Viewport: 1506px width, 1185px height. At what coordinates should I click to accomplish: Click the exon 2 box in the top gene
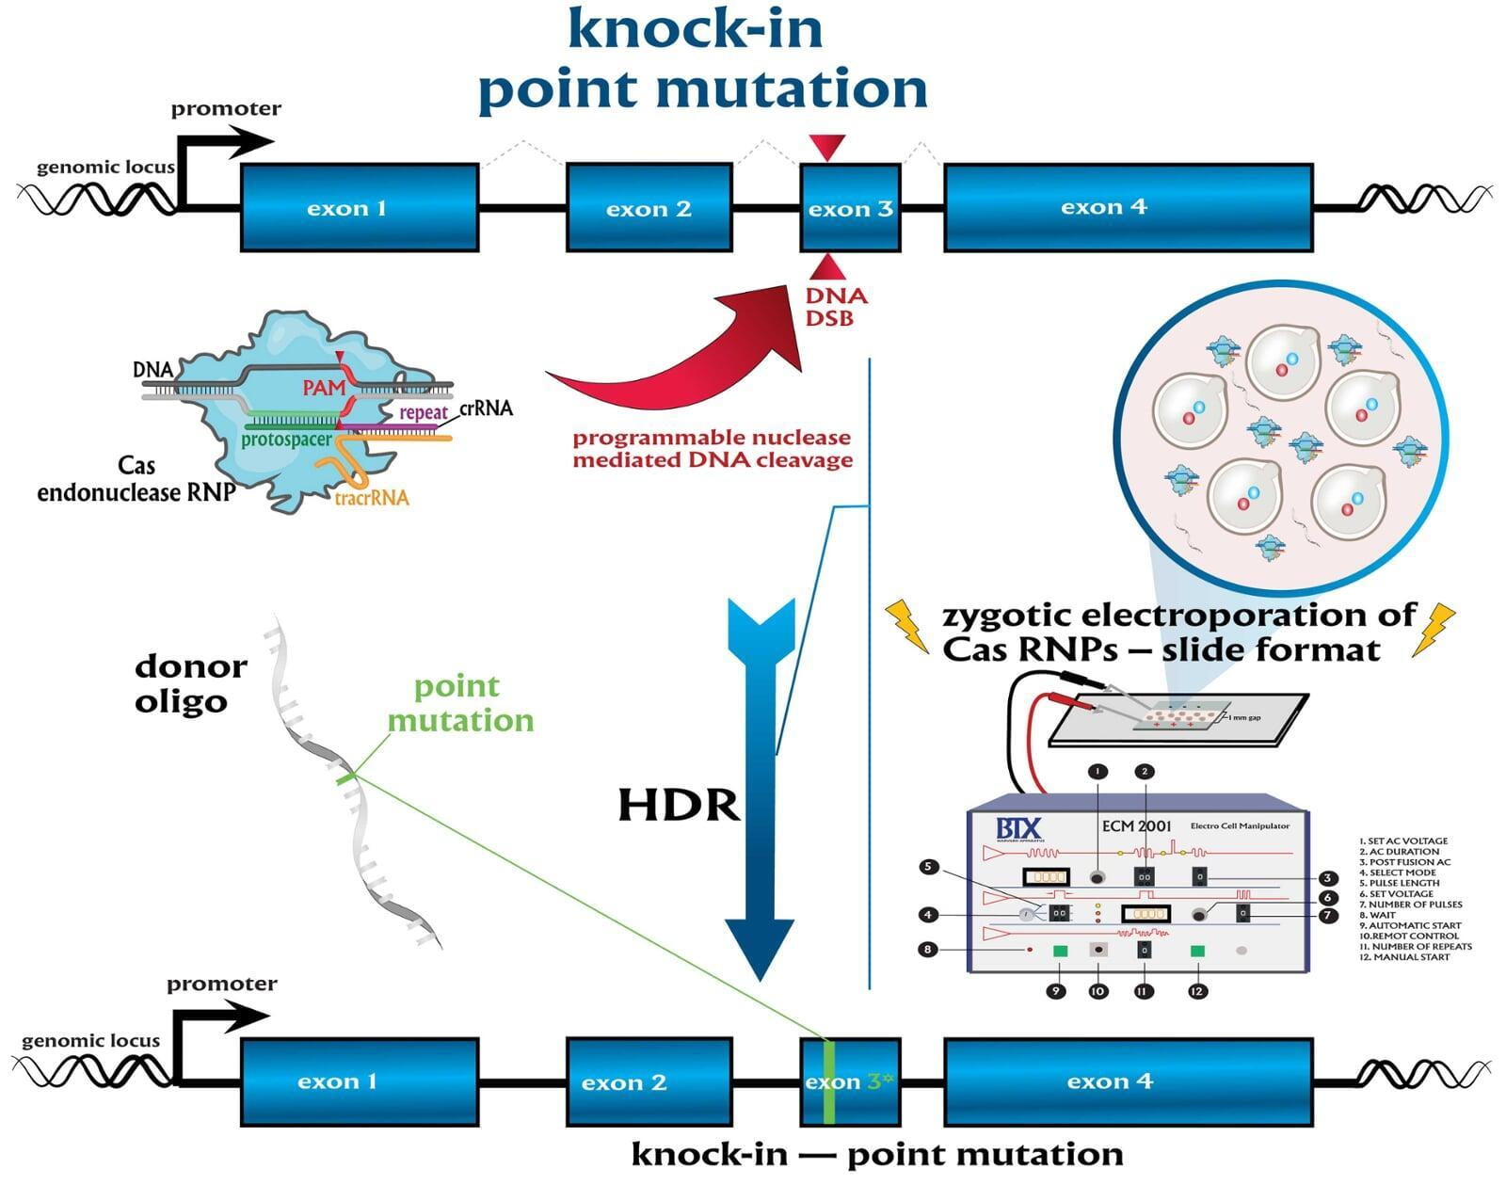649,208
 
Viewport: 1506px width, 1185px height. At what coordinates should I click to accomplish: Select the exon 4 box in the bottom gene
1128,1081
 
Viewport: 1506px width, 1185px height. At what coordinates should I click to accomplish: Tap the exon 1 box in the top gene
359,208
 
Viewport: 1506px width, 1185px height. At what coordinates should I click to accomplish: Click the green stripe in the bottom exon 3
829,1082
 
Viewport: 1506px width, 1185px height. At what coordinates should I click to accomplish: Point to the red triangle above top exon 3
828,147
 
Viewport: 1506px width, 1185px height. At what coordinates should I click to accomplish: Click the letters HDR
679,806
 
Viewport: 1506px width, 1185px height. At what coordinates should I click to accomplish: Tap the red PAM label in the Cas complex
324,387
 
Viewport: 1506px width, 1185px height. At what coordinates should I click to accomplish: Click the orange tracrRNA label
372,498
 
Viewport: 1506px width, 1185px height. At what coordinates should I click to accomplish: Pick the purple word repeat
423,412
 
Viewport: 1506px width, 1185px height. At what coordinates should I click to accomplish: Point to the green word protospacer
286,440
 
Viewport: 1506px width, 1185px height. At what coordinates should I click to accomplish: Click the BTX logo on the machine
1019,829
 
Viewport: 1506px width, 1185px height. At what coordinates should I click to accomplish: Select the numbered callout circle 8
927,949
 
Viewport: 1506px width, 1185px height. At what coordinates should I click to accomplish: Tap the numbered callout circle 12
1196,991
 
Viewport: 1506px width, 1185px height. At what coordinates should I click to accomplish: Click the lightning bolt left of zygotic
907,624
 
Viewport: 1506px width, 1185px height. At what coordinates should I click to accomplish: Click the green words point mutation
460,703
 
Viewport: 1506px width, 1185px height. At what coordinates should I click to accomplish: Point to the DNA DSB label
835,307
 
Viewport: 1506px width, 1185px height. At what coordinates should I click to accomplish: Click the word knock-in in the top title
696,28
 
